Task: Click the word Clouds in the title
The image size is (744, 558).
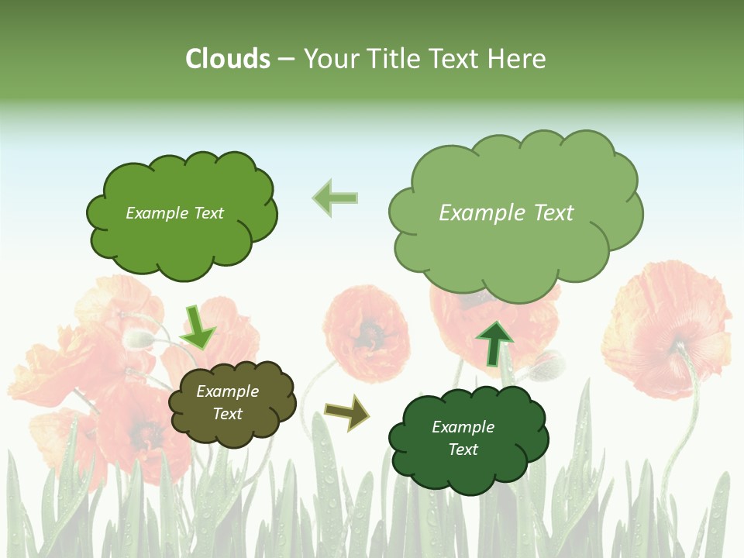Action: click(x=228, y=59)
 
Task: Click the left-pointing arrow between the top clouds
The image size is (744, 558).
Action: click(x=335, y=198)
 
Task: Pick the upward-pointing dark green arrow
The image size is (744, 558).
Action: click(x=494, y=343)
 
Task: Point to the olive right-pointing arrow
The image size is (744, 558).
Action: click(x=346, y=412)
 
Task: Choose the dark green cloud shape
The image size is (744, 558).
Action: click(x=467, y=439)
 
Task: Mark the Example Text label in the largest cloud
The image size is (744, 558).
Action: click(x=506, y=213)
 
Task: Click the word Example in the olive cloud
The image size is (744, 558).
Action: click(x=228, y=392)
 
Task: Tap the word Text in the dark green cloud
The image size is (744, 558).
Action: click(x=463, y=449)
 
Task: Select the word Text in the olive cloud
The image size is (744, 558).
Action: click(x=228, y=414)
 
